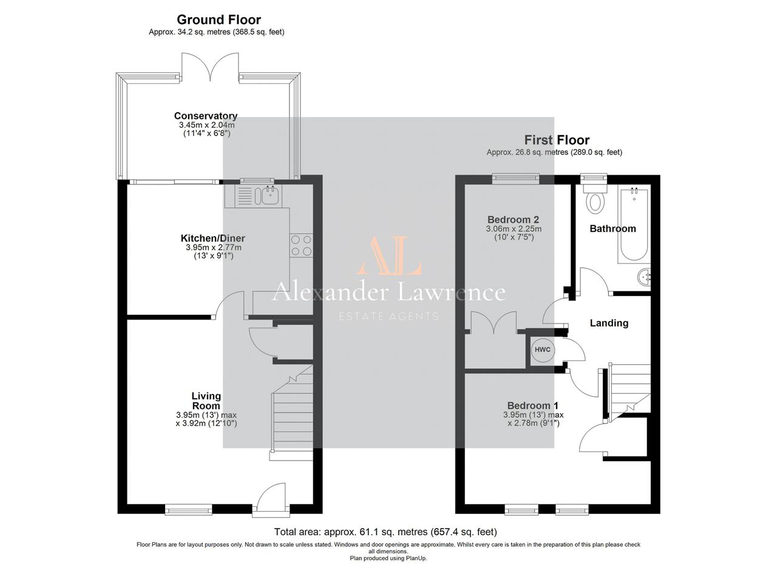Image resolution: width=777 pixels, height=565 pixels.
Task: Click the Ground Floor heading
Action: tap(219, 20)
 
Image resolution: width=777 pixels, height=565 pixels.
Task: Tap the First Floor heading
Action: tap(557, 140)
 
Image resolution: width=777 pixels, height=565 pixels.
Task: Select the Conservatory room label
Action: tap(206, 115)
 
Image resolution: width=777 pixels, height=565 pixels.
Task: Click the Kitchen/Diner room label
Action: tap(212, 239)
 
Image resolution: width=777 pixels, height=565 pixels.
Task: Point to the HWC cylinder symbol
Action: tap(543, 350)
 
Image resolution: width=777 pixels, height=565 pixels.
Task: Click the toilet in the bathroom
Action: tap(595, 198)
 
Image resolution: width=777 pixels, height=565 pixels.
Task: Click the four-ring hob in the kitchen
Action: tap(301, 245)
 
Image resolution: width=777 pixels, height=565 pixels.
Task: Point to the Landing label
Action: tap(609, 323)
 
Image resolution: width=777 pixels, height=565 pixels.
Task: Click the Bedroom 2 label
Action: tap(514, 220)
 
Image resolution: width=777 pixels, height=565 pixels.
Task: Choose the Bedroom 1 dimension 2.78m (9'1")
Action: tap(534, 423)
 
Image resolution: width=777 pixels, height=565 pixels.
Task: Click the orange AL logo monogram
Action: tap(389, 255)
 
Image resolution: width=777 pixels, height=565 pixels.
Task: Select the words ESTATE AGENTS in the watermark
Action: tap(388, 316)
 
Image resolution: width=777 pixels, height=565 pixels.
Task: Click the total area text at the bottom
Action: tap(385, 532)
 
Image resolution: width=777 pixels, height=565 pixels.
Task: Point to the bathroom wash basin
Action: tap(644, 277)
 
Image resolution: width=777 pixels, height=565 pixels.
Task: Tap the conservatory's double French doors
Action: tap(210, 67)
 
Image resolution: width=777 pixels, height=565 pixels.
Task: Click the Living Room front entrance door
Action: tap(271, 498)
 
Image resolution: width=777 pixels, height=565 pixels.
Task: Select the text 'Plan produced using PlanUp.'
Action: tap(388, 558)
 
